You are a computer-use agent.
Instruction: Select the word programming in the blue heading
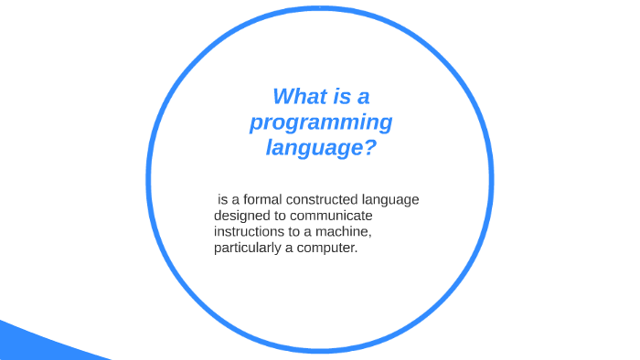point(321,122)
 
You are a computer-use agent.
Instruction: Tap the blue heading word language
point(310,146)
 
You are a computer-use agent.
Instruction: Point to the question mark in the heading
point(370,146)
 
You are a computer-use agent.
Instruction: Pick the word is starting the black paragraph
point(222,200)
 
